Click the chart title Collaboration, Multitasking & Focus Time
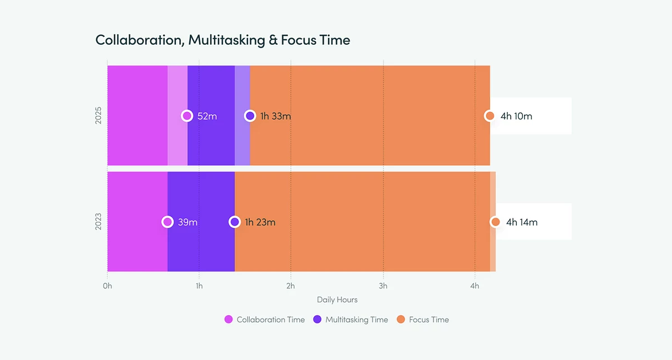[222, 40]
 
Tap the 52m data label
[207, 116]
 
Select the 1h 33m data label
[276, 116]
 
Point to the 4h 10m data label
[516, 116]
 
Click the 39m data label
[188, 222]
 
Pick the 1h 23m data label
[260, 222]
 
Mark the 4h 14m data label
[522, 222]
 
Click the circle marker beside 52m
[187, 116]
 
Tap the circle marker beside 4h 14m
[495, 222]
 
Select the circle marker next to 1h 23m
[235, 222]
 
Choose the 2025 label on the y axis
[99, 116]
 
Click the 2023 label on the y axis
[99, 222]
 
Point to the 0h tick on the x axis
[108, 286]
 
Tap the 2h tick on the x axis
[291, 286]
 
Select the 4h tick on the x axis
[475, 286]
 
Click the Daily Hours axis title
[337, 300]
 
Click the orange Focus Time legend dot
[401, 320]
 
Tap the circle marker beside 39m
[167, 222]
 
